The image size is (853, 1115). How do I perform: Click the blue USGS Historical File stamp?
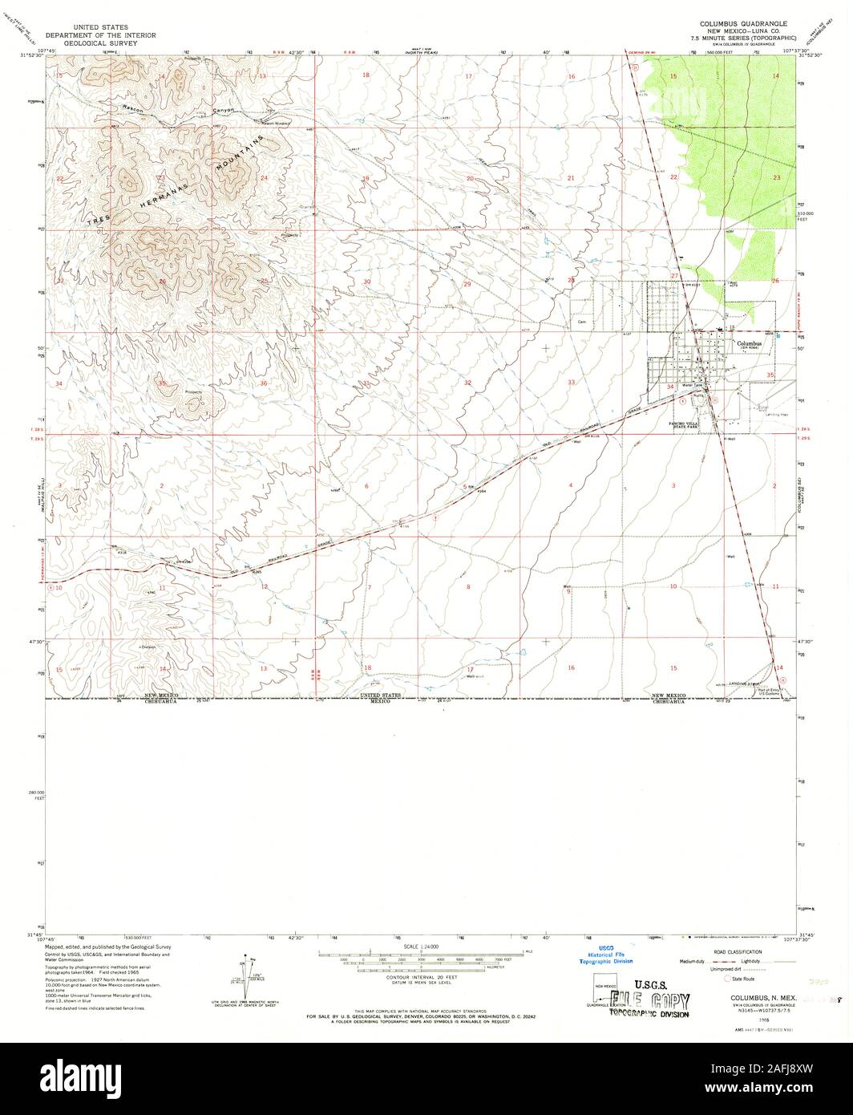pyautogui.click(x=607, y=954)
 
